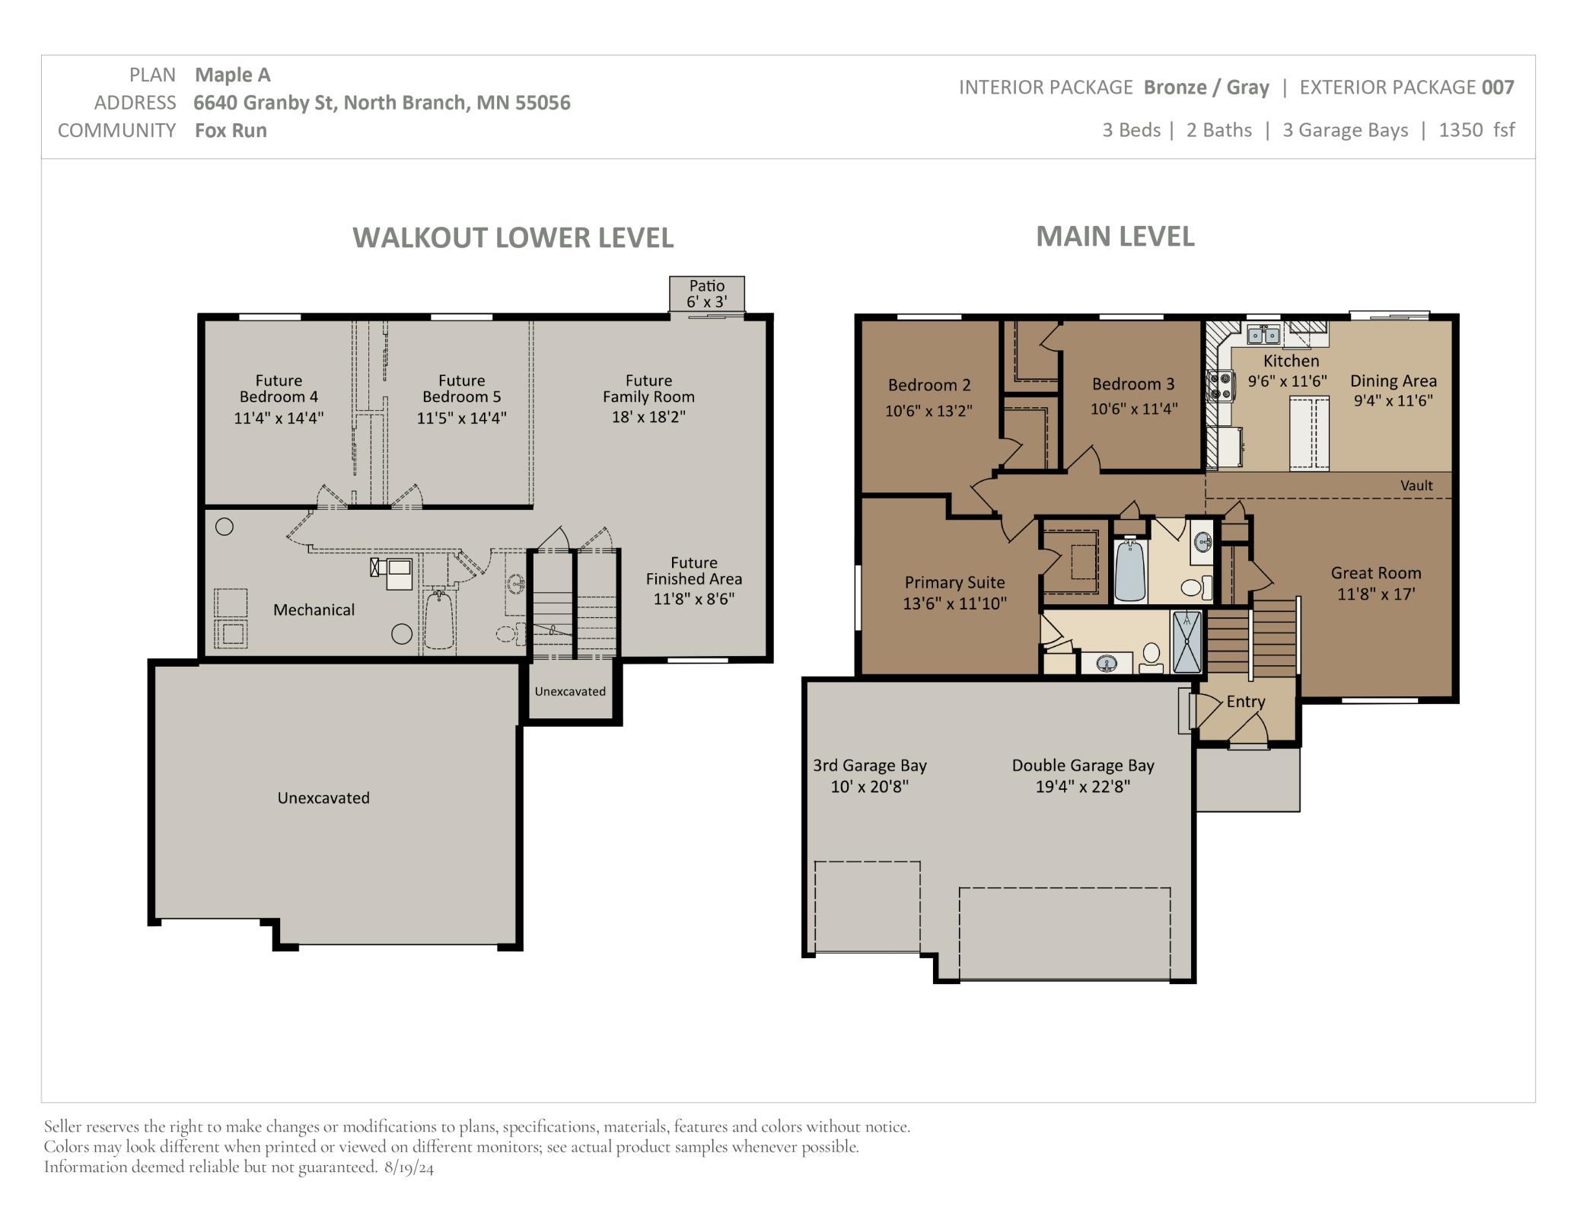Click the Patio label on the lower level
(x=707, y=286)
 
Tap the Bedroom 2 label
(x=929, y=385)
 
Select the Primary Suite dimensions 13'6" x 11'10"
(x=954, y=604)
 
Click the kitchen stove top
(x=1219, y=385)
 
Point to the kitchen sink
(x=1264, y=333)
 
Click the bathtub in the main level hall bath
(x=1130, y=570)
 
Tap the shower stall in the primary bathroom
(x=1187, y=642)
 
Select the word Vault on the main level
(x=1416, y=486)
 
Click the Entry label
(x=1246, y=702)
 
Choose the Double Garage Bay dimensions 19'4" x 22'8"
(x=1082, y=786)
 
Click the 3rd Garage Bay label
(x=870, y=766)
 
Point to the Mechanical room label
(x=314, y=610)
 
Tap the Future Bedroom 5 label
(x=461, y=388)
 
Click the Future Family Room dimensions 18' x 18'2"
(x=648, y=417)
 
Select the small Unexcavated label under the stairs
(x=570, y=691)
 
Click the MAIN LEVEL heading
(x=1115, y=236)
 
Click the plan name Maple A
(x=233, y=75)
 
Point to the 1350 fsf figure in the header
(x=1476, y=130)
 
